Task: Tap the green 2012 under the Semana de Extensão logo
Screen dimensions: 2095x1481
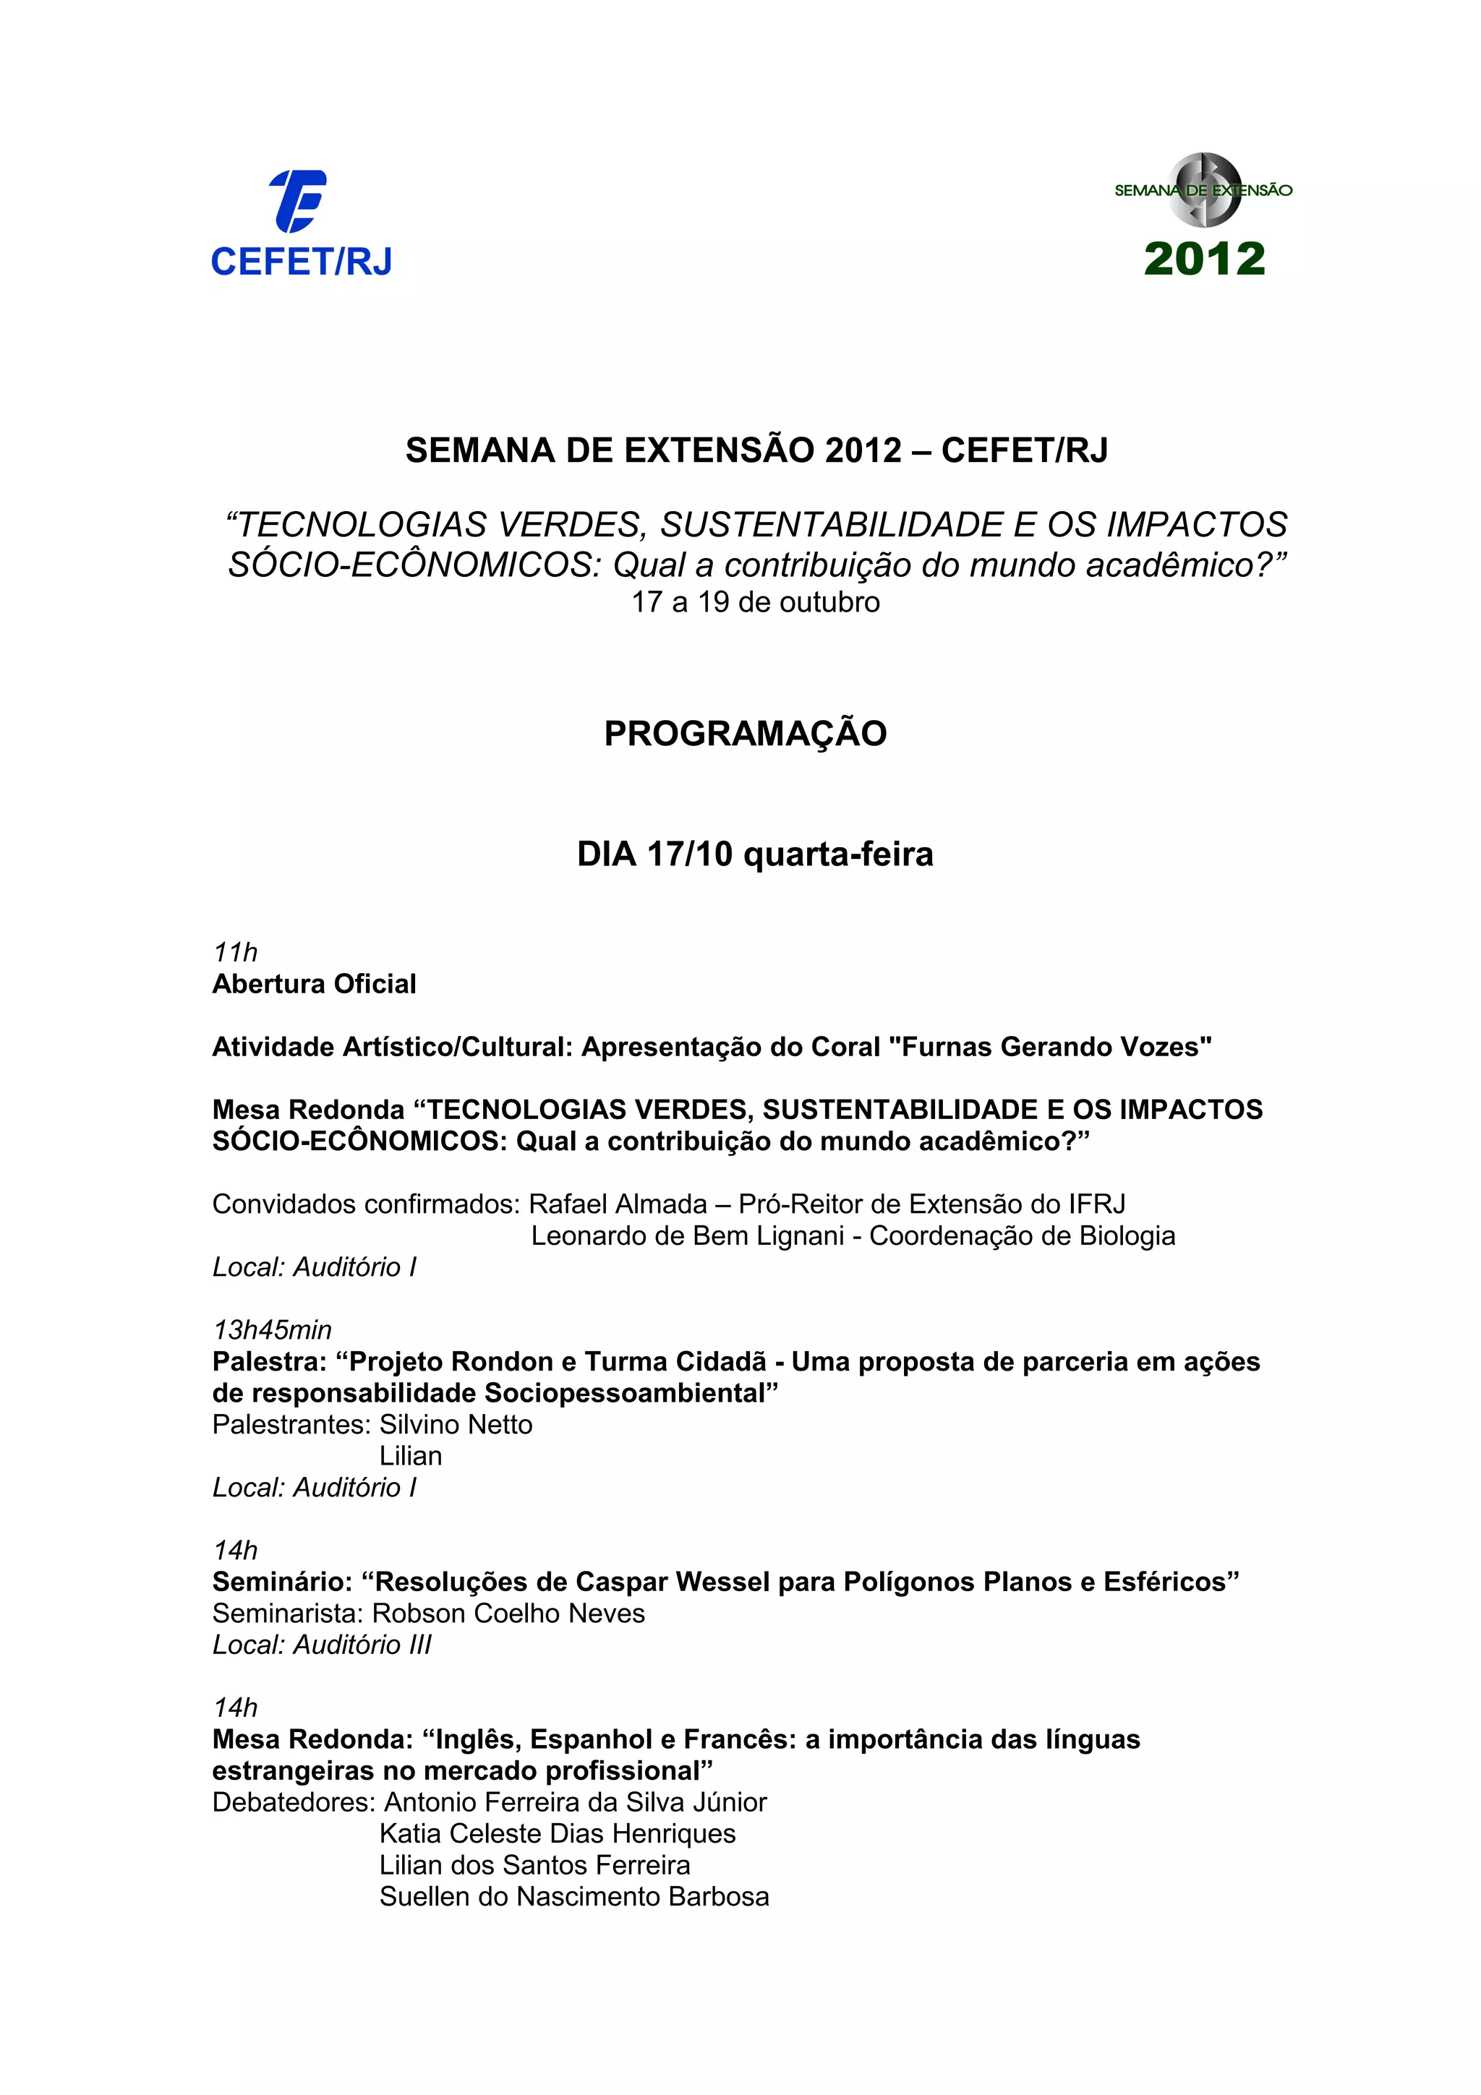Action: tap(1205, 259)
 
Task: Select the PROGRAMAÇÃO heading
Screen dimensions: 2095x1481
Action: tap(745, 734)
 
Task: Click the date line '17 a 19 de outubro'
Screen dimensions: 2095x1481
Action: tap(756, 602)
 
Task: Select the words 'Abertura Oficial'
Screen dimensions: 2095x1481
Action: tap(314, 984)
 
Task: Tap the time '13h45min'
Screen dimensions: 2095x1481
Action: tap(272, 1329)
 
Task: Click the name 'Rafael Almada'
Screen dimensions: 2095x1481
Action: tap(618, 1204)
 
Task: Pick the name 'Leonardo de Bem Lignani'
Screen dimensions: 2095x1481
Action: tap(687, 1235)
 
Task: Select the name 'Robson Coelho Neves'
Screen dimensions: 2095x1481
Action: tap(508, 1614)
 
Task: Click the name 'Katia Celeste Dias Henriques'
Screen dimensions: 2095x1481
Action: tap(557, 1833)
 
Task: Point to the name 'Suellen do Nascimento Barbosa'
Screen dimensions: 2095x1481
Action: tap(574, 1896)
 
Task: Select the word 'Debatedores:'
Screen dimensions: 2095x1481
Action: tap(294, 1802)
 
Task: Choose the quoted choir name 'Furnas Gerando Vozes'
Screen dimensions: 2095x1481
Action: tap(1056, 1047)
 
